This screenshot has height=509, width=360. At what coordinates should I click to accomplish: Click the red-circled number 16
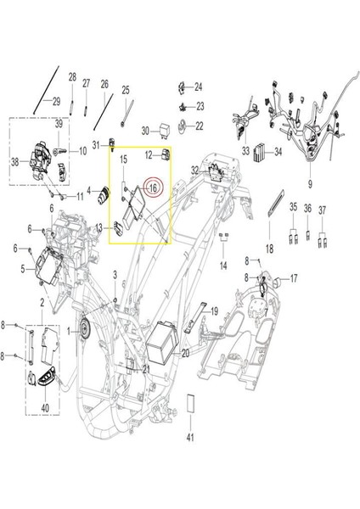(x=153, y=187)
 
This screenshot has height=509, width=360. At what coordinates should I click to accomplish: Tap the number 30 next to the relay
(x=144, y=131)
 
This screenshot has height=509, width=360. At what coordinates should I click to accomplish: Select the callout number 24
(x=199, y=87)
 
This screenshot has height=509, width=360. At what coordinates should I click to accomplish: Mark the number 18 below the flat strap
(x=269, y=249)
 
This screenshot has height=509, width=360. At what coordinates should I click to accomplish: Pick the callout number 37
(x=323, y=208)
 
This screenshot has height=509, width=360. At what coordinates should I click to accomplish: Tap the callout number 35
(x=293, y=208)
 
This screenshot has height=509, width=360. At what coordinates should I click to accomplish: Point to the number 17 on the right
(x=294, y=278)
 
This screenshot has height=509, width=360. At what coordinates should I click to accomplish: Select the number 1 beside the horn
(x=70, y=329)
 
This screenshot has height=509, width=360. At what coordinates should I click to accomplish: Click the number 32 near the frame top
(x=194, y=171)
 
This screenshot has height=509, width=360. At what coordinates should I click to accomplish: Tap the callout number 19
(x=215, y=310)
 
